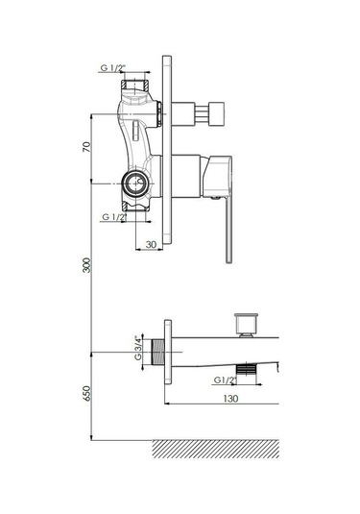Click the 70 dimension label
tap(86, 147)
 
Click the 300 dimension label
tap(86, 265)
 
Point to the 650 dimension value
tap(86, 393)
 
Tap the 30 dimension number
tap(151, 245)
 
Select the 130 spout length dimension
tap(230, 399)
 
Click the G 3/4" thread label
tap(139, 348)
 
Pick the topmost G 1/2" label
tap(113, 68)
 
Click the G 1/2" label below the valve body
tap(114, 217)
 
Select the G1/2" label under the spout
tap(225, 379)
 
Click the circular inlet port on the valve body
tap(134, 183)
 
